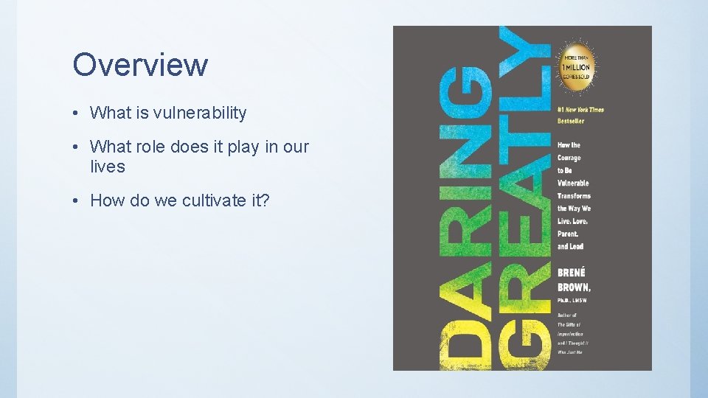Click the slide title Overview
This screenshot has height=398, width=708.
tap(140, 65)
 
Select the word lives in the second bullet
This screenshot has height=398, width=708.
tap(108, 167)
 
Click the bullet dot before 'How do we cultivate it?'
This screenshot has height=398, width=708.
tap(76, 199)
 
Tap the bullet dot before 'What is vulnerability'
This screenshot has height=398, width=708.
tap(76, 114)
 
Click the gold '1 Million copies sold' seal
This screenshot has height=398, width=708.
tap(579, 67)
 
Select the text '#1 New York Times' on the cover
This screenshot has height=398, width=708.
tap(581, 110)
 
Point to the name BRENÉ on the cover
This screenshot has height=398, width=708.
tap(572, 272)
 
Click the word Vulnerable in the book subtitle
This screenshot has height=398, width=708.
tap(573, 183)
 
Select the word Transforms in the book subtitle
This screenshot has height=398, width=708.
tap(575, 196)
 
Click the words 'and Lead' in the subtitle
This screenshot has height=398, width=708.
tap(571, 246)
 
